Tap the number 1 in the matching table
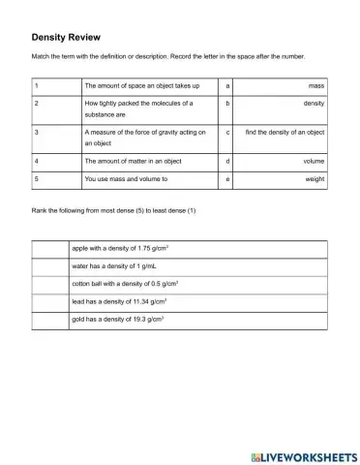36,86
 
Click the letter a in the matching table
226,86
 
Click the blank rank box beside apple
48,248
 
